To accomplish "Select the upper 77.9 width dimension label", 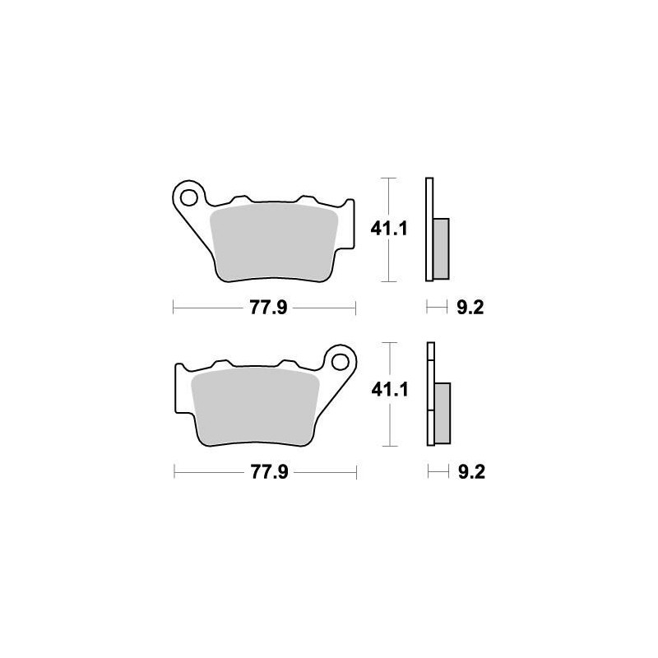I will pyautogui.click(x=263, y=308).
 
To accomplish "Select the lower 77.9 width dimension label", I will pyautogui.click(x=264, y=473).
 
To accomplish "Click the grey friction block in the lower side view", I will pyautogui.click(x=442, y=411).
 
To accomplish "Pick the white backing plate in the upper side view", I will pyautogui.click(x=429, y=230).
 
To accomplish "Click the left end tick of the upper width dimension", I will pyautogui.click(x=174, y=308).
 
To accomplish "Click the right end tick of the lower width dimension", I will pyautogui.click(x=357, y=473).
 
